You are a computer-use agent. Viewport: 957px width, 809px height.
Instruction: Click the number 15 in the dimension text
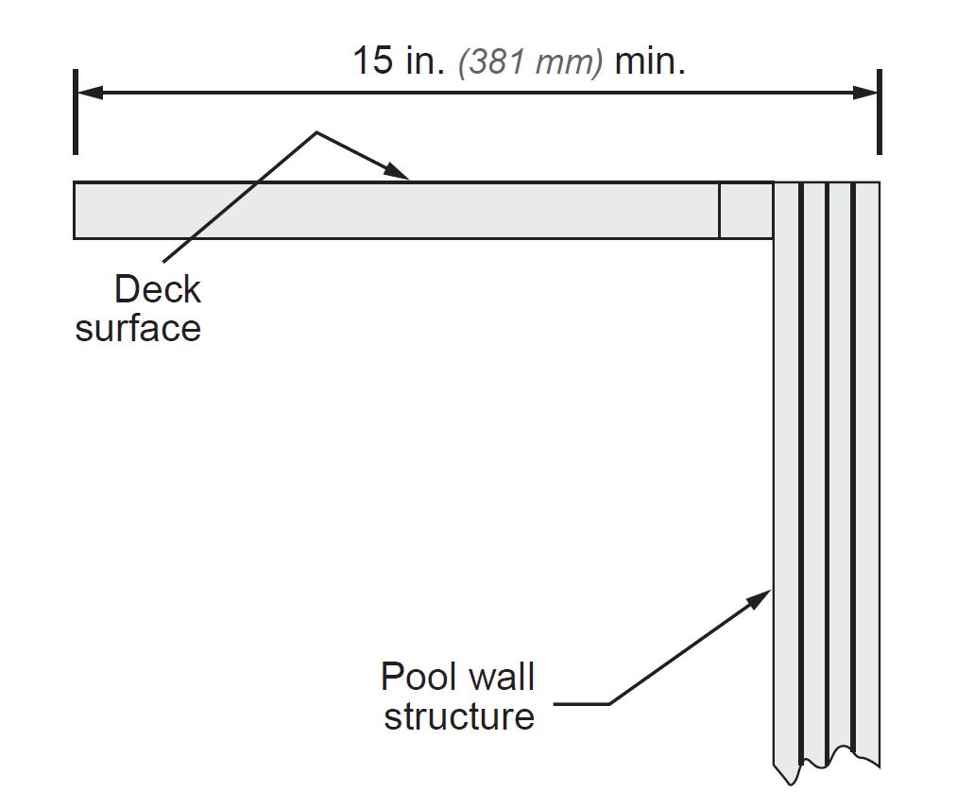372,61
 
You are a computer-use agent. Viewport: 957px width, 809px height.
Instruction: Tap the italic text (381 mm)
530,63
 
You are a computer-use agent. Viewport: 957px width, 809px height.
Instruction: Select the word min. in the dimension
650,61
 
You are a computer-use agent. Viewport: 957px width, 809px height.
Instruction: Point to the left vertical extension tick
75,112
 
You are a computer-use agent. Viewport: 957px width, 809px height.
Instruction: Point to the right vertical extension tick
880,112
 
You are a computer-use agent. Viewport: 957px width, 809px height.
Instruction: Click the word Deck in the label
157,289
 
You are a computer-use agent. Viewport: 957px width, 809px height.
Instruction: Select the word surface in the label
138,328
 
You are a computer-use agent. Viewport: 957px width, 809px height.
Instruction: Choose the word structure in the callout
459,715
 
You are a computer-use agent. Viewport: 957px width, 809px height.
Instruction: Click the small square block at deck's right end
746,210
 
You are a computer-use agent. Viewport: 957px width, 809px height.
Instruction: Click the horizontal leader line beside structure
581,704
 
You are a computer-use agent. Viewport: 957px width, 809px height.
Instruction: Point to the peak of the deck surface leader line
316,132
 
